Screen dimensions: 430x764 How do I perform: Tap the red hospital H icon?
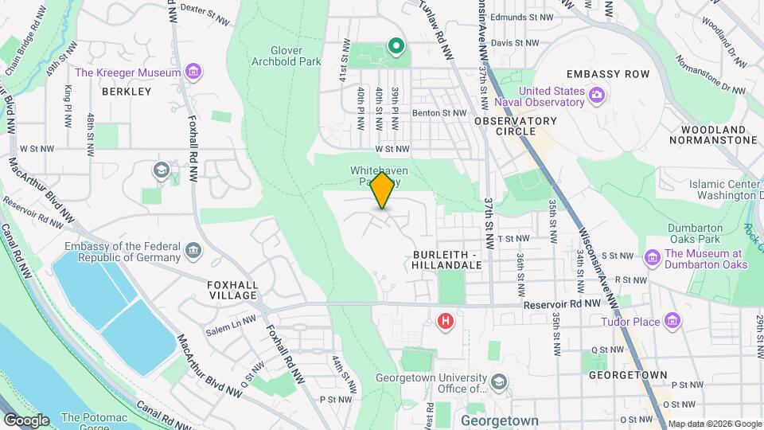coord(446,321)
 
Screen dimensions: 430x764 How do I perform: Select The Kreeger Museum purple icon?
coord(193,72)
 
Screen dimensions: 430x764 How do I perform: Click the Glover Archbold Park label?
coord(286,54)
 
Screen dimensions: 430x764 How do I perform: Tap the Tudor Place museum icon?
coord(673,321)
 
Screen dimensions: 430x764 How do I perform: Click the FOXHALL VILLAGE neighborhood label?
coord(232,289)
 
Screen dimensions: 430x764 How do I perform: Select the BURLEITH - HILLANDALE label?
coord(448,259)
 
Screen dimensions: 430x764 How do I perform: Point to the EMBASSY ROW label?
coord(620,74)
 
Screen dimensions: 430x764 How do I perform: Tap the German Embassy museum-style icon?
coord(193,252)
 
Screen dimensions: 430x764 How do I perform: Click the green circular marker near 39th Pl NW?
coord(396,46)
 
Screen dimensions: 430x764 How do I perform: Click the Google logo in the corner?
coord(26,420)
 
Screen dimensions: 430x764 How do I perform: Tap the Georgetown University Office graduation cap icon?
coord(499,383)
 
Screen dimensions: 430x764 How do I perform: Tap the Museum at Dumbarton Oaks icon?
coord(653,258)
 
